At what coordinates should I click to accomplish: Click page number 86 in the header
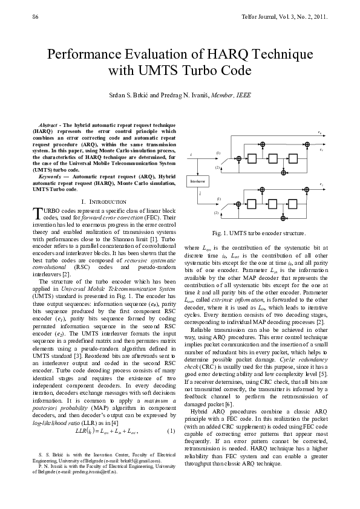34,16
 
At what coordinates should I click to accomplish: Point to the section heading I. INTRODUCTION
103,201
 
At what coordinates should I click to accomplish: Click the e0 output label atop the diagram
319,132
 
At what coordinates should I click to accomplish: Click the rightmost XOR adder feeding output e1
307,145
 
